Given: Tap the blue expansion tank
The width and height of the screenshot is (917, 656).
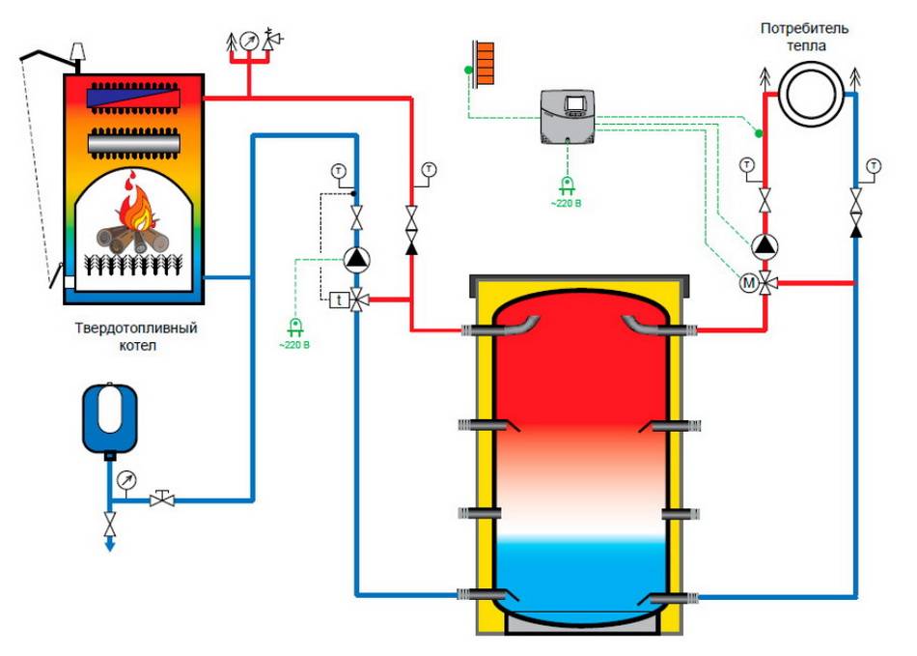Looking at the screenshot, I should pyautogui.click(x=109, y=418).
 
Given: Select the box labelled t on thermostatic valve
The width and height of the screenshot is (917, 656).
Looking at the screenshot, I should pyautogui.click(x=337, y=299).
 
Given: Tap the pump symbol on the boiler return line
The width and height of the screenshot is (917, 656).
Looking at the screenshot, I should pyautogui.click(x=357, y=258).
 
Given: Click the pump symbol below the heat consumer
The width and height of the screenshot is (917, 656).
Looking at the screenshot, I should pyautogui.click(x=765, y=244).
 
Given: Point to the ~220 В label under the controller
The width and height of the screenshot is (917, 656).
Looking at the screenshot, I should pyautogui.click(x=566, y=204).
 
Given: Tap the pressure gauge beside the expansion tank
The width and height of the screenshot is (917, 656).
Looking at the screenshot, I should pyautogui.click(x=126, y=480).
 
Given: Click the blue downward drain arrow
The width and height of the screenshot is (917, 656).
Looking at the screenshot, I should pyautogui.click(x=111, y=544).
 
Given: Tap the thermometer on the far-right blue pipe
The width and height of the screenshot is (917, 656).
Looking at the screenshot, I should pyautogui.click(x=874, y=166).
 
